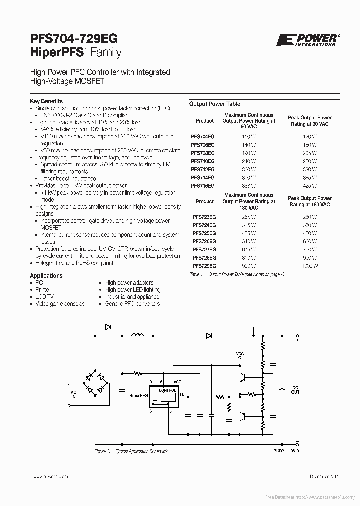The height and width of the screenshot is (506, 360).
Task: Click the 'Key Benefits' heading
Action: pos(46,101)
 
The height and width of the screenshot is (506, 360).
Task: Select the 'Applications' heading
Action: pos(46,275)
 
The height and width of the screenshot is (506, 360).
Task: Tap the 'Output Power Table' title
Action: pos(215,104)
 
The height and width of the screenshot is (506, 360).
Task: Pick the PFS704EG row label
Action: pos(203,136)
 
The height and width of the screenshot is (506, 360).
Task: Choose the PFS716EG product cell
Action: pos(203,185)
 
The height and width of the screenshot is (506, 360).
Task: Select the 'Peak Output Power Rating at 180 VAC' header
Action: pos(310,201)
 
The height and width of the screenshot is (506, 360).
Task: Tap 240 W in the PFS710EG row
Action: pos(249,161)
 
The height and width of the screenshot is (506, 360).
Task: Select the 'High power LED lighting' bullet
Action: pos(132,290)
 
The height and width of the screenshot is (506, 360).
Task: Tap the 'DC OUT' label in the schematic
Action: pos(295,390)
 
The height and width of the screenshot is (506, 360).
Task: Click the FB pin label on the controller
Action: pos(182,395)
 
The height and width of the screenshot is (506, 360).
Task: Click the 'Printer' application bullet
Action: pos(43,290)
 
